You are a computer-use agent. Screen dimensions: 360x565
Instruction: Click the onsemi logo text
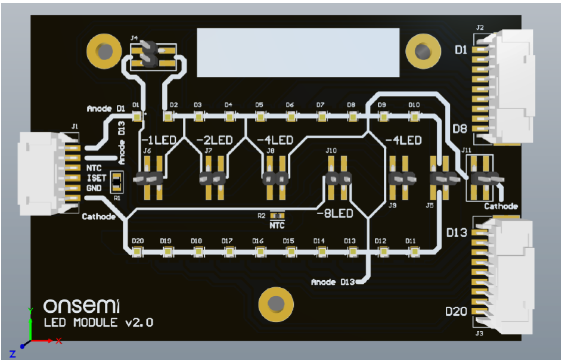(82, 306)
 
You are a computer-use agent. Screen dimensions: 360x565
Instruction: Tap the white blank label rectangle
(298, 52)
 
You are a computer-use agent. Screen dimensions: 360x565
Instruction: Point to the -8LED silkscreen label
(334, 213)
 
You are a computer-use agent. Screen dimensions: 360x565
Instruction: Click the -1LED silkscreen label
(159, 141)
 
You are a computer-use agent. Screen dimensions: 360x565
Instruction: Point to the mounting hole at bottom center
(275, 305)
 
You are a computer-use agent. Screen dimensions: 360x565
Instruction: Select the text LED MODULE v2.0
(99, 323)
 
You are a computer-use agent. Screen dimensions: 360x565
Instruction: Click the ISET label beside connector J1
(96, 178)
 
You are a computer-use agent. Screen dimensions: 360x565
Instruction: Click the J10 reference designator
(331, 151)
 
